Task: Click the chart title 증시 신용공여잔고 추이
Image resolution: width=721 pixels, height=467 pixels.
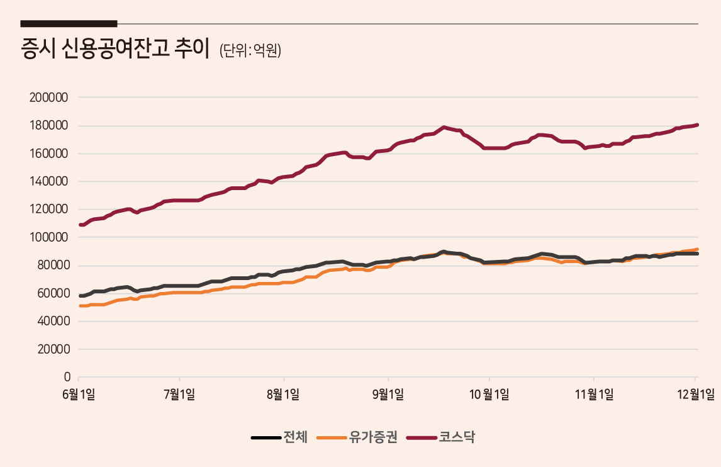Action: [115, 48]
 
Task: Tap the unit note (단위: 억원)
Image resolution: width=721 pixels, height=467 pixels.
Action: [250, 50]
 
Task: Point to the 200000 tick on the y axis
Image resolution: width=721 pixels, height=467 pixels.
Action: [48, 98]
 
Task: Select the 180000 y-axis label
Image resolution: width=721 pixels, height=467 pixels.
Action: [48, 126]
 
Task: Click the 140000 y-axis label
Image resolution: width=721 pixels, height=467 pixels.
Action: [48, 181]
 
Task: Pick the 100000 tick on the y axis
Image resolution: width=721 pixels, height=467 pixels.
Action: [48, 237]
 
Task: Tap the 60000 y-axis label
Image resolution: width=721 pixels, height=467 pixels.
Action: [53, 293]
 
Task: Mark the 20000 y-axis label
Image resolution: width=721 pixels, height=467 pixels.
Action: [53, 349]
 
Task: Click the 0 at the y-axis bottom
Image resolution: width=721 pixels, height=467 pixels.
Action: [67, 377]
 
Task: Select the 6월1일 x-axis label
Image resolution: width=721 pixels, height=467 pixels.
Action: [79, 394]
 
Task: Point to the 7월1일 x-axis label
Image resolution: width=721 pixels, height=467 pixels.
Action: [179, 394]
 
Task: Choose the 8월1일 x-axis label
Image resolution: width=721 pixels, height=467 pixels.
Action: [283, 394]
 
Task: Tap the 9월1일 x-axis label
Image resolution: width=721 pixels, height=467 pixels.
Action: [388, 394]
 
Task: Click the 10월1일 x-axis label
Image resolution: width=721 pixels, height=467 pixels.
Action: [489, 394]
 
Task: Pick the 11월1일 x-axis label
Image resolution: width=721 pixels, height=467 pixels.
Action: [594, 394]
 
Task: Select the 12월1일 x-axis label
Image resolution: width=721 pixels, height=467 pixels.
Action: [696, 394]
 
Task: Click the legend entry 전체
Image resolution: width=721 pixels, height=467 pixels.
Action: [279, 437]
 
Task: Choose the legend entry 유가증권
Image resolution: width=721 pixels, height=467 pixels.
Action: [357, 437]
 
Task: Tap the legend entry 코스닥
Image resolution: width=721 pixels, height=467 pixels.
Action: [440, 437]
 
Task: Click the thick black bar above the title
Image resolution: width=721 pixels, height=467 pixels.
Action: [69, 23]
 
